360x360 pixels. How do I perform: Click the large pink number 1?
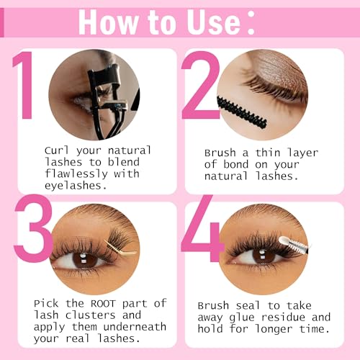(25, 84)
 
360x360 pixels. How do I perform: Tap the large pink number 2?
(199, 84)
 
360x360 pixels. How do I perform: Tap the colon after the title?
(250, 22)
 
